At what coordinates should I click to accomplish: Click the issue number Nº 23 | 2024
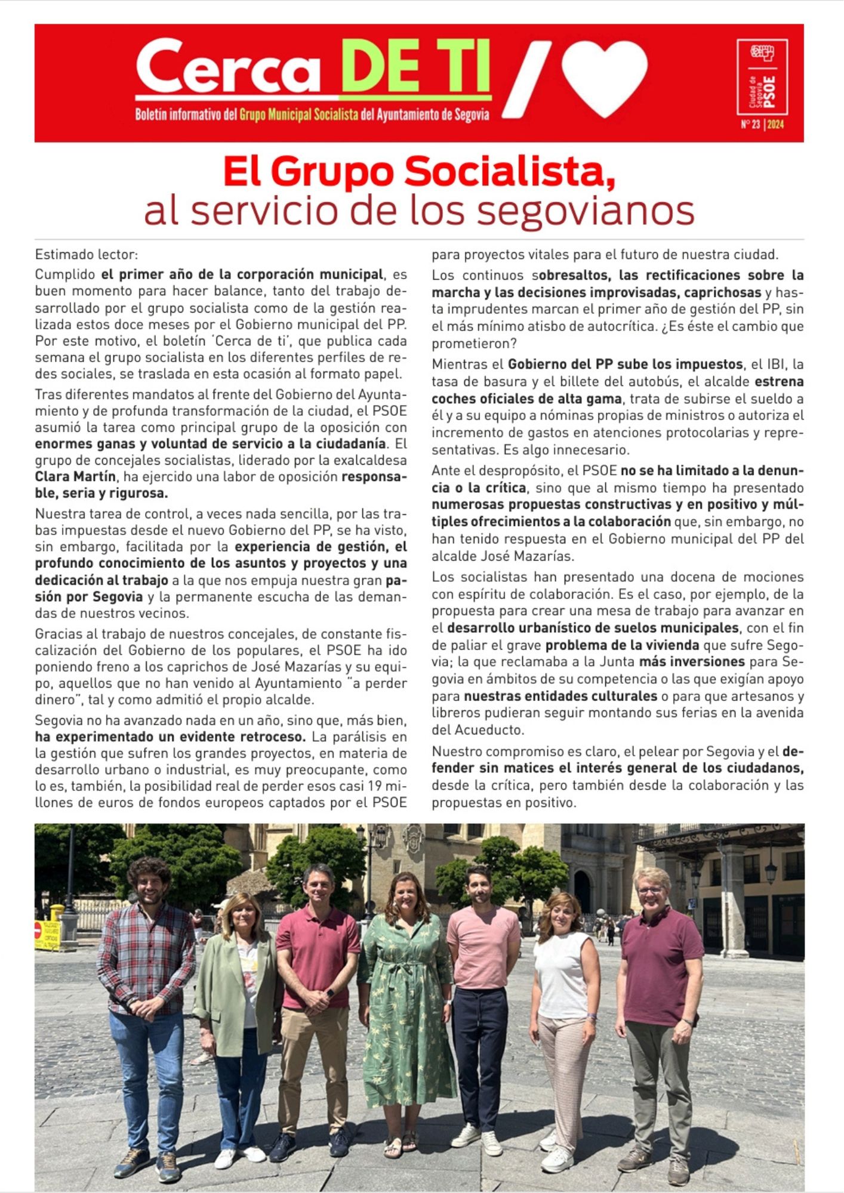[762, 125]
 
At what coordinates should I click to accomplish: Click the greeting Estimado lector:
[87, 255]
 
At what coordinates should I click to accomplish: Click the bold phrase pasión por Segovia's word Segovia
[118, 596]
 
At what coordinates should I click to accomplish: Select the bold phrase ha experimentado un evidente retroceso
[171, 737]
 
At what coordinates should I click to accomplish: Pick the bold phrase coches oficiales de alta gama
[526, 398]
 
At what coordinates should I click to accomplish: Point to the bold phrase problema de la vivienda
[621, 645]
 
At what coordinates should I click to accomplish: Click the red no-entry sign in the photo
[38, 929]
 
